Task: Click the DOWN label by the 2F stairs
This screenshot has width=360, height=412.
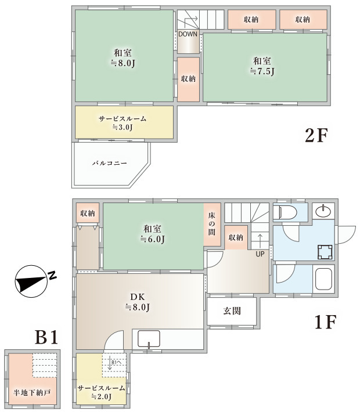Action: click(x=188, y=34)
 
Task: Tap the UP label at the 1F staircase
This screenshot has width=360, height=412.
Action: click(x=260, y=254)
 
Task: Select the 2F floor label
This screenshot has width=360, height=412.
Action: click(x=316, y=135)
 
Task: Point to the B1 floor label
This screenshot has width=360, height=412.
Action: click(x=46, y=337)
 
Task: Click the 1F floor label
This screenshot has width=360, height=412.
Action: click(x=326, y=322)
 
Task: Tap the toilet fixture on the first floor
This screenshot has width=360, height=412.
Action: click(x=285, y=212)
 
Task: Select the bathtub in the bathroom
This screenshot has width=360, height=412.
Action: click(x=323, y=279)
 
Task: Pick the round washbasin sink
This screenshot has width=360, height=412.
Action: click(x=323, y=211)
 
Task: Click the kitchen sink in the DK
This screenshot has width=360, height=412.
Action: click(x=149, y=339)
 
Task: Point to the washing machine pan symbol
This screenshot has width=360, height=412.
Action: click(x=325, y=252)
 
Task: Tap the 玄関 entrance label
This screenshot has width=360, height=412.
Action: click(x=232, y=311)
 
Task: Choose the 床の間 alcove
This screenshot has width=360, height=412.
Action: click(x=212, y=224)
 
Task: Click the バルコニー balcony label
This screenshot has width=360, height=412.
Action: click(x=110, y=163)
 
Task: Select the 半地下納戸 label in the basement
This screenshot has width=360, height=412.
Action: click(x=32, y=393)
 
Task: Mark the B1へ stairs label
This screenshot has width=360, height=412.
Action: click(x=116, y=363)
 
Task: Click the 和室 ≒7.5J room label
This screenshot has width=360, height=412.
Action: click(x=262, y=66)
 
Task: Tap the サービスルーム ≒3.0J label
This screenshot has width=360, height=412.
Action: click(x=123, y=122)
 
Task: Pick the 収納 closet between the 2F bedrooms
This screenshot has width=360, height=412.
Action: click(x=188, y=79)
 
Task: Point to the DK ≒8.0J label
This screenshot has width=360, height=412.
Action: click(x=138, y=302)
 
